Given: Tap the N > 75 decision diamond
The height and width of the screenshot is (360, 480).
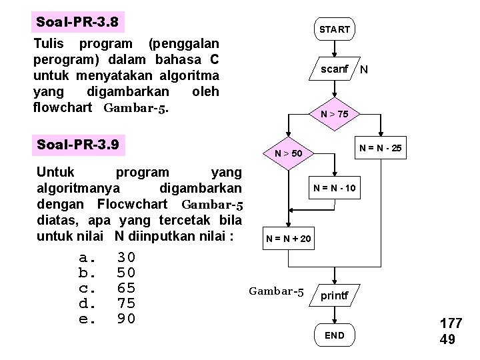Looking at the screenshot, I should [x=334, y=114].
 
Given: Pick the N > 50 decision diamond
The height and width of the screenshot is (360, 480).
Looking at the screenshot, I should [x=289, y=153].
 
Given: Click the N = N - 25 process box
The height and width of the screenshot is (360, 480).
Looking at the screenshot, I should [x=380, y=146].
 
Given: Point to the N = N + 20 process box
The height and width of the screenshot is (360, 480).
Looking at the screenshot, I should [x=288, y=238].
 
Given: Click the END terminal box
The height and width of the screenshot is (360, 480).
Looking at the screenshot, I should [x=334, y=335].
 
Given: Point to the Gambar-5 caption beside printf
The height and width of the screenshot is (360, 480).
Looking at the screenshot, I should [x=276, y=291].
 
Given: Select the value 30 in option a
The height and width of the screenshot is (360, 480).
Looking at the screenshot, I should [x=126, y=257].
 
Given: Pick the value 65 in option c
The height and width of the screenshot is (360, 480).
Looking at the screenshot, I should [x=126, y=288].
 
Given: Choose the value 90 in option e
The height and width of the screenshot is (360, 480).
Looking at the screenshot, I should [x=126, y=319].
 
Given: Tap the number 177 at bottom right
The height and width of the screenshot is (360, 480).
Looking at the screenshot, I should [x=451, y=324].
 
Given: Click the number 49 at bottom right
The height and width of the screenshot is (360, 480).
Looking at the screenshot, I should [x=447, y=340].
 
